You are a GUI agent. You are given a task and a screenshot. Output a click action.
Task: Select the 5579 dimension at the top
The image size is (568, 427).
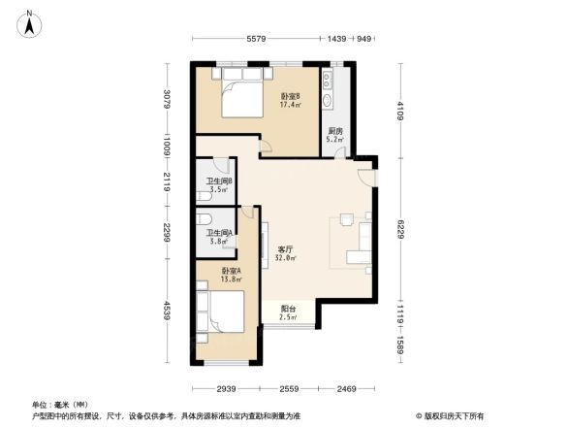256,39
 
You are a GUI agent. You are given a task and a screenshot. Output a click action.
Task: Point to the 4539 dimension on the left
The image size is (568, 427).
167,314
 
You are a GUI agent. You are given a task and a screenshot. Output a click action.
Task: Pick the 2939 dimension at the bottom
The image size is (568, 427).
227,388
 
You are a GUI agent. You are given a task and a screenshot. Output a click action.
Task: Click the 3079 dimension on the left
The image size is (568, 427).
167,100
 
